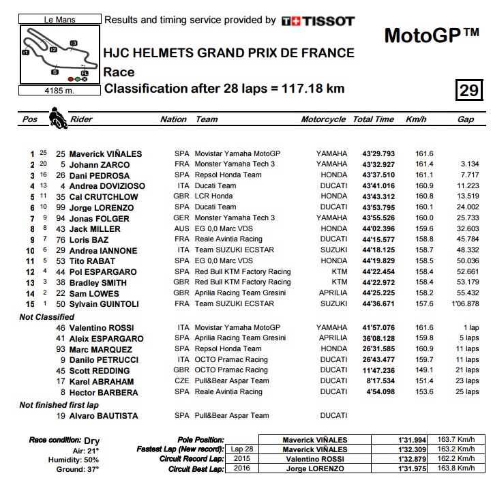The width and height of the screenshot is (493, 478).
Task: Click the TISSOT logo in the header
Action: tap(318, 21)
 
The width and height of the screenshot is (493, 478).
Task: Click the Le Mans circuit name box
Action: tap(59, 20)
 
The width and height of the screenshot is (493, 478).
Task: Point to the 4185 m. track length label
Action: tap(59, 90)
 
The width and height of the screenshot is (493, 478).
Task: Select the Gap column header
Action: tap(466, 119)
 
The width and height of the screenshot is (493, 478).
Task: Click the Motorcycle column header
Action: tap(323, 119)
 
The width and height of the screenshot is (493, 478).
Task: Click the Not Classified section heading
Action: tap(47, 317)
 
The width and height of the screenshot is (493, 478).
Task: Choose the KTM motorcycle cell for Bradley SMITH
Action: tap(339, 282)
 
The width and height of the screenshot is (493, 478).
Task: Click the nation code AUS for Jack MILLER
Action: tap(181, 228)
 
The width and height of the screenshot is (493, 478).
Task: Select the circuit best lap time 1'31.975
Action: tap(413, 470)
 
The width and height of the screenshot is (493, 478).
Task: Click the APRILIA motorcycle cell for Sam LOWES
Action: tap(332, 293)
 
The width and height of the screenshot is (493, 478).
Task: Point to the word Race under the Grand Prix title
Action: tap(119, 72)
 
